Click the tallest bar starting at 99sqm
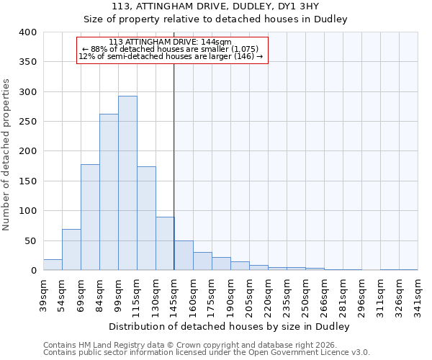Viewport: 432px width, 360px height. (x=127, y=183)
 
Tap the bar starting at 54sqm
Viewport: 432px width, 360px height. (x=71, y=249)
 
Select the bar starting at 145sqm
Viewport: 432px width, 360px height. (x=184, y=256)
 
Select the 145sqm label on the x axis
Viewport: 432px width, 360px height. (x=174, y=294)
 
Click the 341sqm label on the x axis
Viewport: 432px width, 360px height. (x=418, y=294)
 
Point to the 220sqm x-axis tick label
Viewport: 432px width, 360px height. (x=268, y=294)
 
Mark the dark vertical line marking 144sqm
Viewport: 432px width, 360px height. (x=174, y=166)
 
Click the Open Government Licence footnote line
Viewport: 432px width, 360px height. (x=207, y=352)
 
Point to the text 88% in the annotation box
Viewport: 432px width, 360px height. (x=100, y=49)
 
